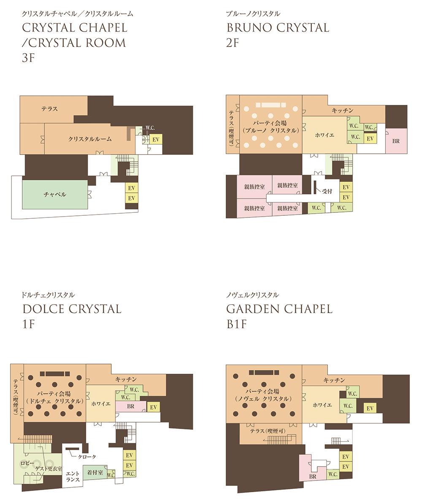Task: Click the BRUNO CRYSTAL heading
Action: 278,28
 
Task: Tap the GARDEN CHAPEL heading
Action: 279,309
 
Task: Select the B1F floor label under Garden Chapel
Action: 237,324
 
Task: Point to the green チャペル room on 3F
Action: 55,194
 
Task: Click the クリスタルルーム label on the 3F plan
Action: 90,139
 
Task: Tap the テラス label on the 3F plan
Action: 49,109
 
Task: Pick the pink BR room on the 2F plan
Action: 396,141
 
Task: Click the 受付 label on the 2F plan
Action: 327,191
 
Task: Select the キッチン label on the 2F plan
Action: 343,110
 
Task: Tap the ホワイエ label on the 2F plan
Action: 325,135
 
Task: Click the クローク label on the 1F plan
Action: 87,457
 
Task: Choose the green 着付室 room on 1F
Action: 95,472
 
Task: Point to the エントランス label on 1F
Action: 73,477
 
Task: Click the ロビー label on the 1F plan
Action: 27,463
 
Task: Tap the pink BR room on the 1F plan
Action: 130,406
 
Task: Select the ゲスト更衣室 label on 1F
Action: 49,469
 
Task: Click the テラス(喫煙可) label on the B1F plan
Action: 268,431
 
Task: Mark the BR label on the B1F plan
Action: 313,477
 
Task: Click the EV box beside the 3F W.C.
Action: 156,139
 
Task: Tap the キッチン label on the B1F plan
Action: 334,380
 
